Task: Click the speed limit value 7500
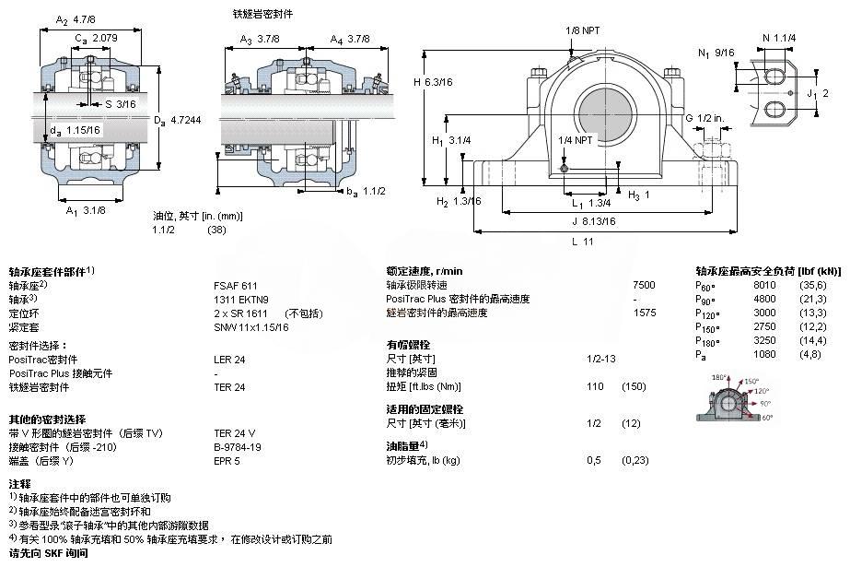pyautogui.click(x=645, y=286)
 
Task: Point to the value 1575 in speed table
pyautogui.click(x=645, y=313)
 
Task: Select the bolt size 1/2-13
pyautogui.click(x=600, y=358)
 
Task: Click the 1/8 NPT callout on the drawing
pyautogui.click(x=580, y=30)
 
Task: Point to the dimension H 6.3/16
pyautogui.click(x=434, y=82)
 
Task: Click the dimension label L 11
pyautogui.click(x=581, y=242)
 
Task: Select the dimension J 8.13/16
pyautogui.click(x=594, y=221)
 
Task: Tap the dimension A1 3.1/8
pyautogui.click(x=84, y=211)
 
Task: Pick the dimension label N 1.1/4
pyautogui.click(x=779, y=38)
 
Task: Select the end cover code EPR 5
pyautogui.click(x=227, y=460)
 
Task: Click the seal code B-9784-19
pyautogui.click(x=238, y=446)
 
